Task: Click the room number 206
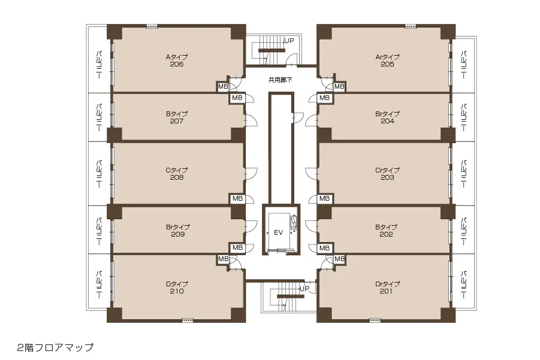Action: click(177, 64)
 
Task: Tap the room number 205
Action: click(387, 64)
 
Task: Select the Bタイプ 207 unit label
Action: click(177, 117)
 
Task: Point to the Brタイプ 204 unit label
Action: click(387, 117)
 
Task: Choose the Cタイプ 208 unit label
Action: click(177, 174)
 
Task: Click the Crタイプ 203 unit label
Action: click(387, 174)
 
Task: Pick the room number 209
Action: click(178, 234)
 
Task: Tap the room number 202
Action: click(386, 234)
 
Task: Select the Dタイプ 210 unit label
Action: click(177, 288)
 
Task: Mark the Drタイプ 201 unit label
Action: click(387, 288)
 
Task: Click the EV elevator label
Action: click(278, 232)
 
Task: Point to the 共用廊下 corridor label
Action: click(280, 80)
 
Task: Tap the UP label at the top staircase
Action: click(289, 41)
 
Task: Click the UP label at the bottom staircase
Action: click(304, 288)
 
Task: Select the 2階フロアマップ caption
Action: click(55, 347)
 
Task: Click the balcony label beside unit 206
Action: click(99, 65)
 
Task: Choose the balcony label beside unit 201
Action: click(464, 285)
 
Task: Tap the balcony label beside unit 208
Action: click(99, 174)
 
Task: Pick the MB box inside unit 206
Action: click(223, 87)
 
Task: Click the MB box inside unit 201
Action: click(339, 259)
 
